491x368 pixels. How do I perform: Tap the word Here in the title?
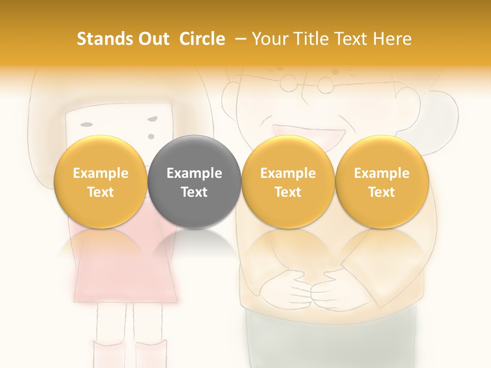pyautogui.click(x=393, y=39)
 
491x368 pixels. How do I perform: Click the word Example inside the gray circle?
pyautogui.click(x=194, y=173)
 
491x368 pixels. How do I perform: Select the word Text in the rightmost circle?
pyautogui.click(x=382, y=192)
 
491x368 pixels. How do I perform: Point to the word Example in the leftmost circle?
pyautogui.click(x=100, y=173)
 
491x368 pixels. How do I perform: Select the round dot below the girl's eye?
pyautogui.click(x=151, y=136)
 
